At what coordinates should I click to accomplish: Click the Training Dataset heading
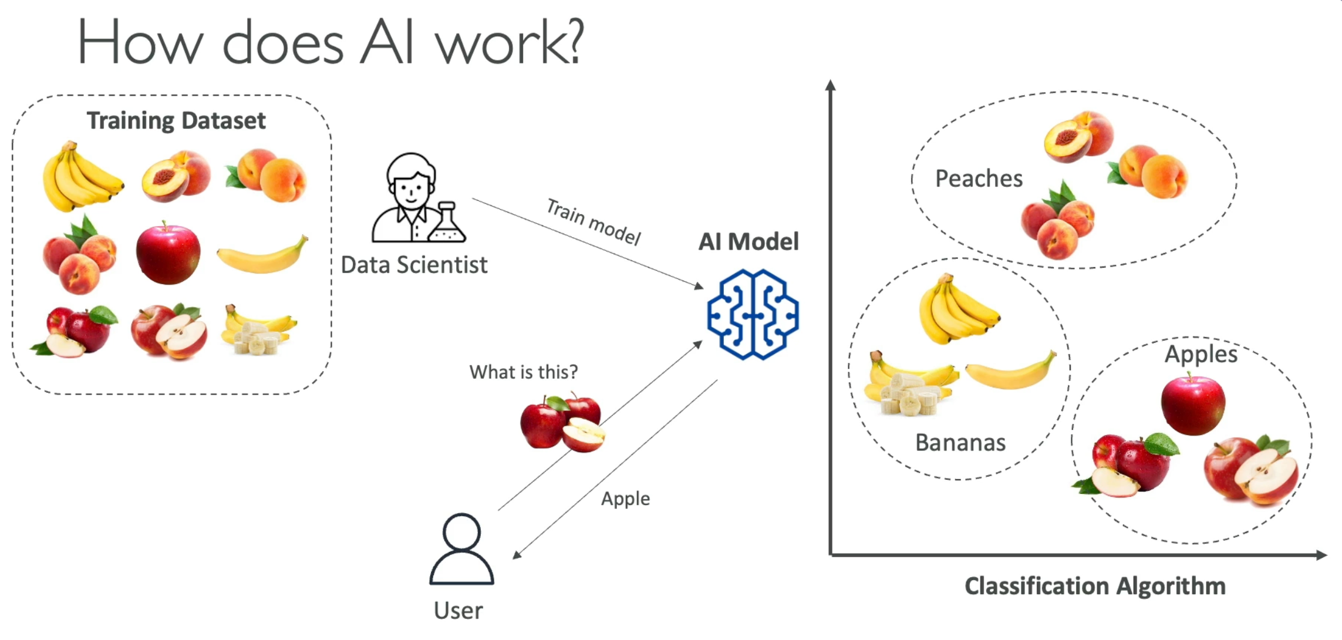click(176, 120)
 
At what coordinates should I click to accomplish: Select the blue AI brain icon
click(753, 314)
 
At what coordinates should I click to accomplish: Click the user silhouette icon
click(461, 549)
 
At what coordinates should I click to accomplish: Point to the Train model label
click(594, 222)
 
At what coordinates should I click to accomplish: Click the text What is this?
click(524, 372)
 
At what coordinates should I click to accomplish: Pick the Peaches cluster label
click(979, 178)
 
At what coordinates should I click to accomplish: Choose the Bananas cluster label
click(960, 442)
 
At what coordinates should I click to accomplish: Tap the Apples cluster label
click(1201, 354)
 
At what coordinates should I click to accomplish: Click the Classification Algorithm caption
click(1095, 586)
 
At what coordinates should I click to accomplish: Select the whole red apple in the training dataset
click(168, 254)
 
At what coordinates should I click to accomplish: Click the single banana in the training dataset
click(262, 255)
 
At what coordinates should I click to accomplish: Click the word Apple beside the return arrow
click(625, 498)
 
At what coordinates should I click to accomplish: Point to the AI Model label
click(748, 241)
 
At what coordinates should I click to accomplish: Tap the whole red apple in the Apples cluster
click(1193, 405)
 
